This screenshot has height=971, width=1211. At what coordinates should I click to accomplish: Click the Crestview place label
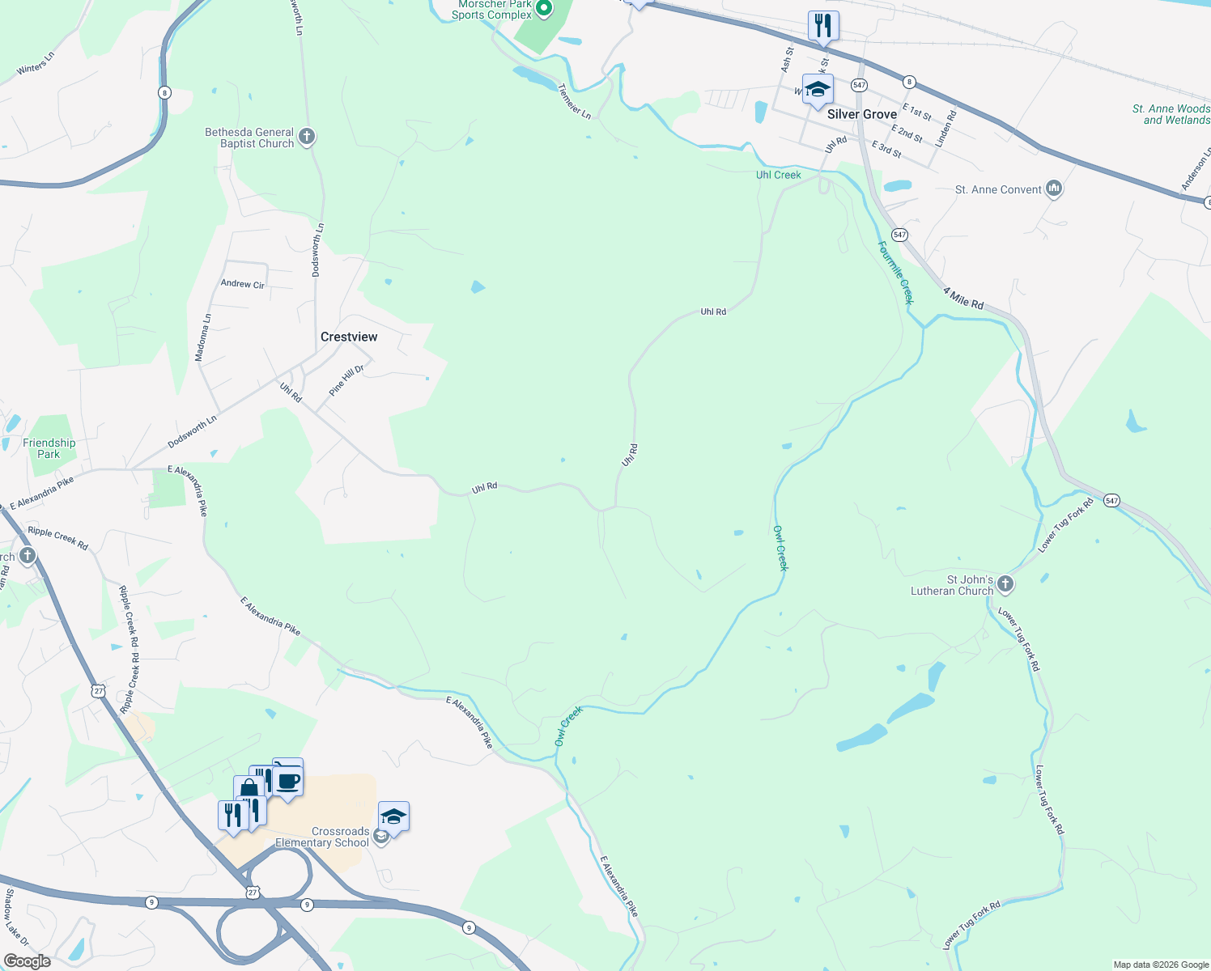[x=349, y=337]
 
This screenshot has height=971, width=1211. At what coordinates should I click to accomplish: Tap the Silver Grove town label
[x=861, y=114]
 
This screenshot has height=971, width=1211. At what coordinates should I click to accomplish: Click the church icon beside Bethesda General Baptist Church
[x=307, y=137]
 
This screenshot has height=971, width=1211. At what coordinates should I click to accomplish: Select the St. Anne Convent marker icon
[x=1053, y=189]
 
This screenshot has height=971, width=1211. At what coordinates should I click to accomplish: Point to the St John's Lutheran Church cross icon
[x=1005, y=584]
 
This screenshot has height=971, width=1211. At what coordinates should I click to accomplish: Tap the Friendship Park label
[x=49, y=448]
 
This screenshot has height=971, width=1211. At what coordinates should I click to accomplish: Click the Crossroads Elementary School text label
[x=322, y=837]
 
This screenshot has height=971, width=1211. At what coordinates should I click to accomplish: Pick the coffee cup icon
[x=287, y=782]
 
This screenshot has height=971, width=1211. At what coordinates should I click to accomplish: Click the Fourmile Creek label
[x=896, y=273]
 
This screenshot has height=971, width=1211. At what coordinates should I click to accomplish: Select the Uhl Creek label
[x=778, y=175]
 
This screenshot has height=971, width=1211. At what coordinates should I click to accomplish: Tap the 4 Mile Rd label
[x=963, y=298]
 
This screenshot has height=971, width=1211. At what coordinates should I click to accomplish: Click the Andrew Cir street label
[x=243, y=284]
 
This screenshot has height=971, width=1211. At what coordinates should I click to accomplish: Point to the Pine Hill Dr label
[x=346, y=380]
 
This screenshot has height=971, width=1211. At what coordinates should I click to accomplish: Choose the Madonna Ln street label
[x=202, y=337]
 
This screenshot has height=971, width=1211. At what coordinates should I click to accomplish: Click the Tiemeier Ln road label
[x=575, y=102]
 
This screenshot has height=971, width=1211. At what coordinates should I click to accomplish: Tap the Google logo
[x=27, y=961]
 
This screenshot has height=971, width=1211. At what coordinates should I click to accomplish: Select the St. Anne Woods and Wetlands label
[x=1171, y=114]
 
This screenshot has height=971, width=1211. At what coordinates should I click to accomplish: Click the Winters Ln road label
[x=36, y=64]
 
